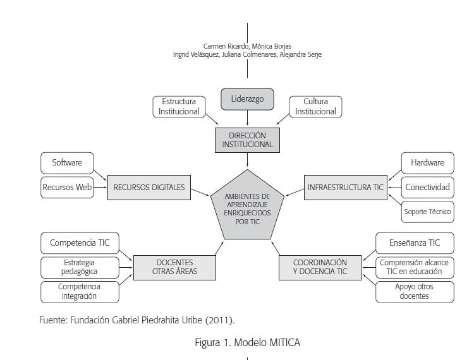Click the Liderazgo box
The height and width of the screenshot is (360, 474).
click(x=247, y=99)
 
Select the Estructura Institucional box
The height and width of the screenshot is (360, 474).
click(x=179, y=106)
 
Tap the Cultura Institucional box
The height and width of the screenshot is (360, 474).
click(x=315, y=106)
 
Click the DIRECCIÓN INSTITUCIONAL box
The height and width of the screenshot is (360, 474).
click(x=247, y=140)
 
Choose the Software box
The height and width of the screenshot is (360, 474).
click(x=67, y=162)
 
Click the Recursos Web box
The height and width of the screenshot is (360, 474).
click(x=67, y=187)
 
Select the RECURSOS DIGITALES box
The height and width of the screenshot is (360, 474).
click(x=149, y=187)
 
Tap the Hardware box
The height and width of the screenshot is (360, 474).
click(x=427, y=162)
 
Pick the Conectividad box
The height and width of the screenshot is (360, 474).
click(x=427, y=187)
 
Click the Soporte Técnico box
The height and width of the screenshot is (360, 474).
click(x=427, y=212)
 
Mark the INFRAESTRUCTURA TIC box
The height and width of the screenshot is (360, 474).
click(x=344, y=187)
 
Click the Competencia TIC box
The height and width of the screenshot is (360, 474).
click(x=80, y=243)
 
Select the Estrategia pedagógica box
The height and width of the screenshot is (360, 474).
click(x=80, y=267)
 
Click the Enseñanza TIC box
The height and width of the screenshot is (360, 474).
click(x=415, y=243)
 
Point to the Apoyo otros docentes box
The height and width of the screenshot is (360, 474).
click(x=415, y=291)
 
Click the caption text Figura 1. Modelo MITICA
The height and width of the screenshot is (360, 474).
click(x=247, y=342)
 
